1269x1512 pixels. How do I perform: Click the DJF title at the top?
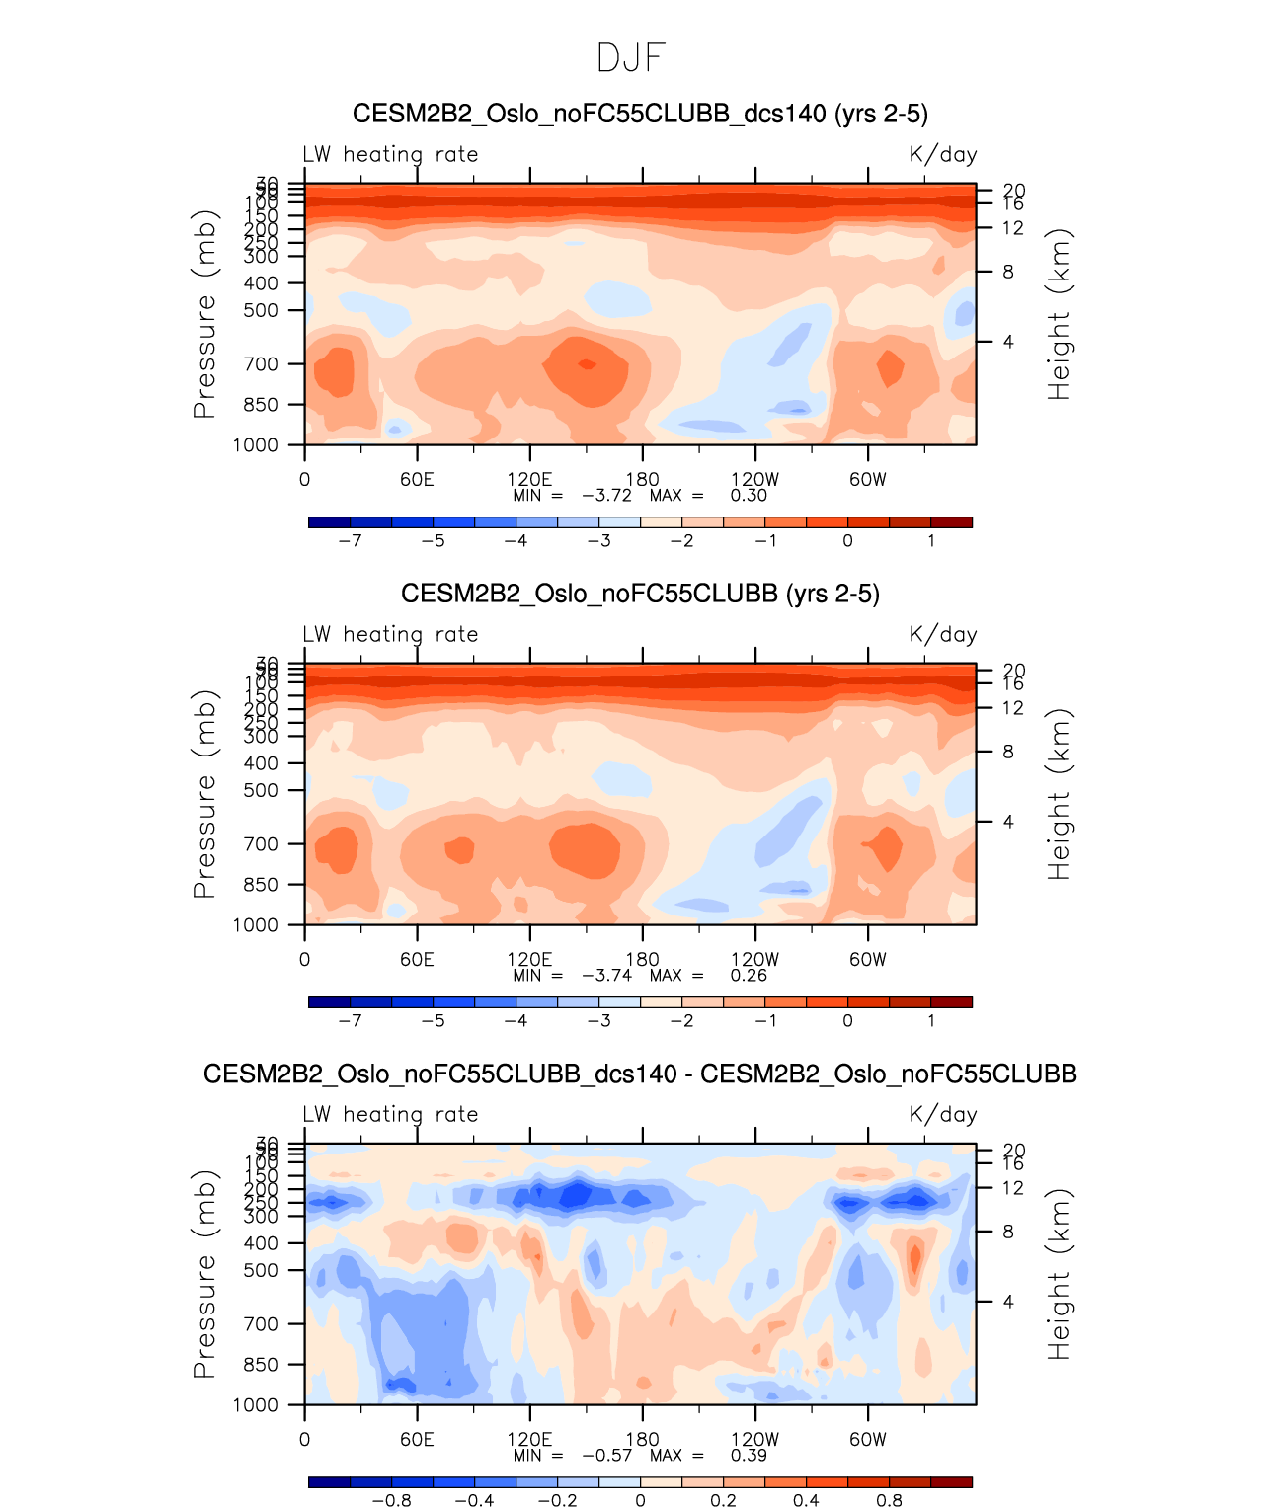pos(632,59)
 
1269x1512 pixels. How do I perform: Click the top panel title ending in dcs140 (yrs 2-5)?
pos(640,114)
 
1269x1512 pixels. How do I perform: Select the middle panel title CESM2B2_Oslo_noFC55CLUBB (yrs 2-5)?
pos(640,594)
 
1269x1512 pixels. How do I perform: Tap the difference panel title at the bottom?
pos(640,1074)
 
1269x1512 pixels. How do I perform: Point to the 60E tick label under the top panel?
pos(417,480)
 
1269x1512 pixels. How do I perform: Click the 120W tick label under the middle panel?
pos(755,959)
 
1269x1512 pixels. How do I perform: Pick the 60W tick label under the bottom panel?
pos(868,1439)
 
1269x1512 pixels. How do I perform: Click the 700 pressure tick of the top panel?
pos(262,364)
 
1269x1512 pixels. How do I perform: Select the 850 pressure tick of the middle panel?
pos(262,885)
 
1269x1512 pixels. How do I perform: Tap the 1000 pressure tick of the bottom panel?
pos(256,1405)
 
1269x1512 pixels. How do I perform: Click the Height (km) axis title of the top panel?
pos(1059,314)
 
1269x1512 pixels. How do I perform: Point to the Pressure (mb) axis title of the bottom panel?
pos(204,1274)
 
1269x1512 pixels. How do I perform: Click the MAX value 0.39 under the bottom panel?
pos(749,1456)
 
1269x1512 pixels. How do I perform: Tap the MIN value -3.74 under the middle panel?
pos(606,976)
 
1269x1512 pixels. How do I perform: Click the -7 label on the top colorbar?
pos(350,541)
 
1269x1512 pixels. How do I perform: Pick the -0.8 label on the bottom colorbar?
pos(391,1501)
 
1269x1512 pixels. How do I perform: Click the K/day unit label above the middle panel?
pos(943,635)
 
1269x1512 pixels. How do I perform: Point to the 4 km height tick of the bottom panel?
pos(1008,1302)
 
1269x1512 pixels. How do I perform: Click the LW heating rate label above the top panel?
pos(390,155)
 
